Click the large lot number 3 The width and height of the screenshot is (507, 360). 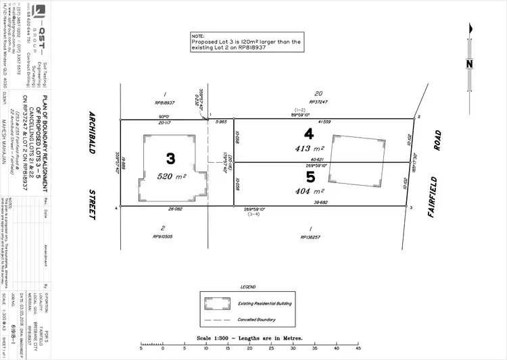(x=170, y=158)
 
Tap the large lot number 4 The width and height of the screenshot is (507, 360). (x=309, y=134)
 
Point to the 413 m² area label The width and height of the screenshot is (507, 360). (x=309, y=147)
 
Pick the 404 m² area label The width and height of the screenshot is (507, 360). (x=309, y=191)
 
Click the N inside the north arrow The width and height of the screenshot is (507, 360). (x=469, y=65)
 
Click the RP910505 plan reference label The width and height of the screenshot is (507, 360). (x=164, y=237)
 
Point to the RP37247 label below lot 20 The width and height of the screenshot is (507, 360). (x=318, y=101)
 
